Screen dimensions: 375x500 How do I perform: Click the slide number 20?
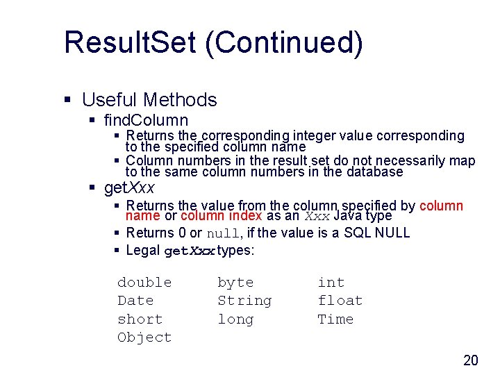point(471,360)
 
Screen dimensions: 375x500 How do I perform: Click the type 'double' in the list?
point(144,283)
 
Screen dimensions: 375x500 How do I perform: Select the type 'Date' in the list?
point(135,301)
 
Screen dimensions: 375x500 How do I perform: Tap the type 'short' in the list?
point(140,319)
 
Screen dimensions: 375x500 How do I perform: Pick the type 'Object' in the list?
point(144,337)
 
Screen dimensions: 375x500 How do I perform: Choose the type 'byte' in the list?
point(235,283)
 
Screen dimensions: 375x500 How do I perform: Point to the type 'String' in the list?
point(244,301)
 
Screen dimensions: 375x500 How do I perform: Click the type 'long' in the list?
point(235,319)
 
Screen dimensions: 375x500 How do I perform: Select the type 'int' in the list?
point(331,283)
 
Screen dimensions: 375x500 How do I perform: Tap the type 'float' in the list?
point(340,301)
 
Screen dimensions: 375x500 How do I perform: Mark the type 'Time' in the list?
point(335,319)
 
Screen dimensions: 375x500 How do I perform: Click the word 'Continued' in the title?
point(284,42)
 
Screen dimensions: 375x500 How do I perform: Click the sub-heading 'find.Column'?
point(146,120)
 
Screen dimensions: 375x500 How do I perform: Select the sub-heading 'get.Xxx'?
point(129,188)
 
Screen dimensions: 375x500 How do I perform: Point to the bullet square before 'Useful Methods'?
point(68,101)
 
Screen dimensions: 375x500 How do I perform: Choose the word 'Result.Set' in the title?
point(130,42)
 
